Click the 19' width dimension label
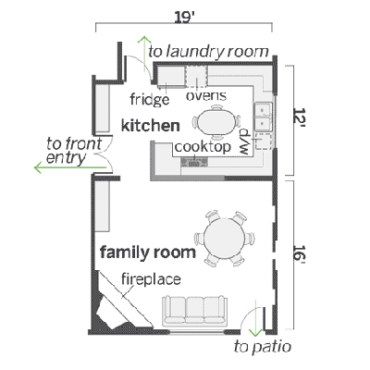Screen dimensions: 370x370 (x=195, y=15)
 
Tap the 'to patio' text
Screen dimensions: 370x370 (x=263, y=348)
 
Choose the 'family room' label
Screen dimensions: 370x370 (x=147, y=252)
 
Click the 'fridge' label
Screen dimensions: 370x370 (x=148, y=99)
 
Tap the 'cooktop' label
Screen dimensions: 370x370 (x=201, y=146)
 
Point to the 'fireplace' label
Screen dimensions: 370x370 (x=152, y=278)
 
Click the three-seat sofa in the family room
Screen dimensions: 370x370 (x=195, y=310)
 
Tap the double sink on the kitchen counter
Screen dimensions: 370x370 (x=263, y=118)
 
